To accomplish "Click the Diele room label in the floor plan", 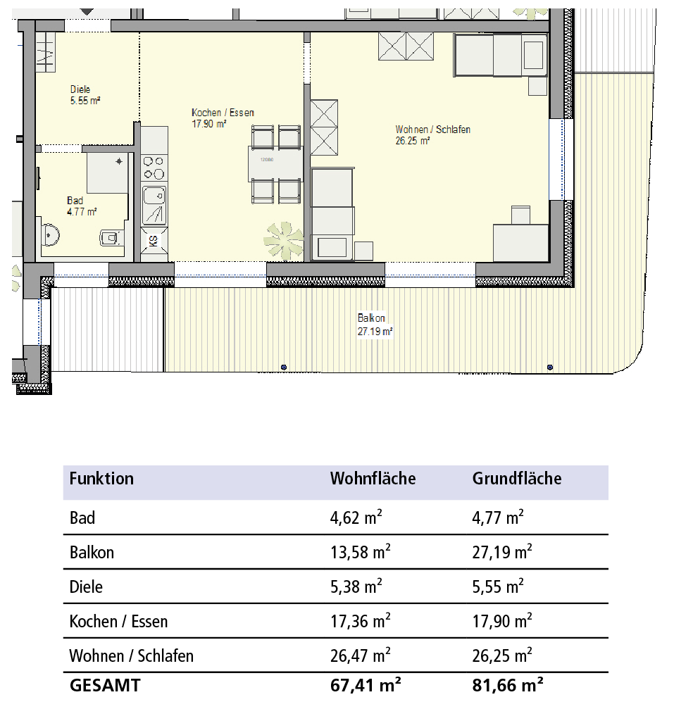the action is pos(80,89).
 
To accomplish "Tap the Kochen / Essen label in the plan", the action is pos(223,113).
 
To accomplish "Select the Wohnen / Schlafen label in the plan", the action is pos(433,130).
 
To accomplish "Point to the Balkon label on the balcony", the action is pos(371,318).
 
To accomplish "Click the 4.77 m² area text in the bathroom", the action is pos(82,212).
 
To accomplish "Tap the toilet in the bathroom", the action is pos(109,237).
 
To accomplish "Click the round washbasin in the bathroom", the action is pos(50,235).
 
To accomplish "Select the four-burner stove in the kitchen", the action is pos(154,168).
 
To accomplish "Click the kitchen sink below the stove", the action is pos(154,206).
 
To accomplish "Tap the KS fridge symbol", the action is pos(154,241).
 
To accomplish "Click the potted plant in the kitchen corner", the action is pos(284,240).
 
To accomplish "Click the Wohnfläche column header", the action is pos(373,478).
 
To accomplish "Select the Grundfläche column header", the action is pos(517,478).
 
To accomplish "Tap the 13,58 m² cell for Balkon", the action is pos(360,552).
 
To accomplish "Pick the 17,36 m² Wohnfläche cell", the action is pos(360,621).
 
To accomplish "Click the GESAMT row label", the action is pos(105,686).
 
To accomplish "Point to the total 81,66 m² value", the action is pos(508,686).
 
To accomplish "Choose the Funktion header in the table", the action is pos(101,478).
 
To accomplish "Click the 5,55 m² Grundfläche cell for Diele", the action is pos(498,586).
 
